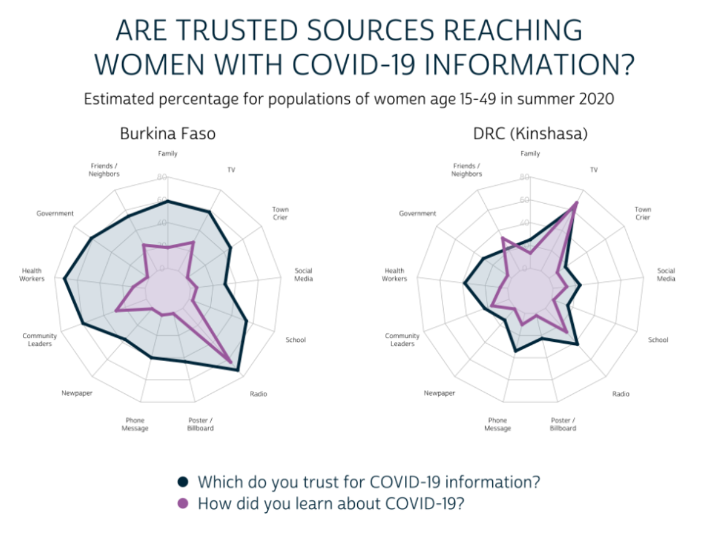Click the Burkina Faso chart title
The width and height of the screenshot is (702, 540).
click(168, 133)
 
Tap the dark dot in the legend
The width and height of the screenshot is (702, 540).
click(183, 482)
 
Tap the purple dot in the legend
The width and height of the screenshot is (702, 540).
click(183, 503)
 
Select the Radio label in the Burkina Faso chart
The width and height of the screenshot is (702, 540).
click(258, 394)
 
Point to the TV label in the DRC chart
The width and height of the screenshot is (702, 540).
click(594, 169)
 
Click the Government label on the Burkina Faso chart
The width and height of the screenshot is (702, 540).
click(55, 214)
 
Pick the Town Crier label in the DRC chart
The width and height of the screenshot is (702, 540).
click(643, 213)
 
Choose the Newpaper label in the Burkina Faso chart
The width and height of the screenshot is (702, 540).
click(77, 393)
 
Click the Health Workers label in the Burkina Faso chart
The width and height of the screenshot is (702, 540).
click(32, 274)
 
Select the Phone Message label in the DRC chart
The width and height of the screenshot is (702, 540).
click(497, 424)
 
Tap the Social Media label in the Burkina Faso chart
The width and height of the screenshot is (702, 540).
click(303, 274)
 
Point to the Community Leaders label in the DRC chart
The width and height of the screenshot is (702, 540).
click(402, 339)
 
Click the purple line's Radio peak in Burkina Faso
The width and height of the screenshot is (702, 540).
click(232, 361)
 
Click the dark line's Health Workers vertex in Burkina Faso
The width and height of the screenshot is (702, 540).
click(64, 279)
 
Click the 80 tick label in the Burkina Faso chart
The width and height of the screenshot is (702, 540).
click(162, 177)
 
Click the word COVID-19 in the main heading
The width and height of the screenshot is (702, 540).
click(378, 64)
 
